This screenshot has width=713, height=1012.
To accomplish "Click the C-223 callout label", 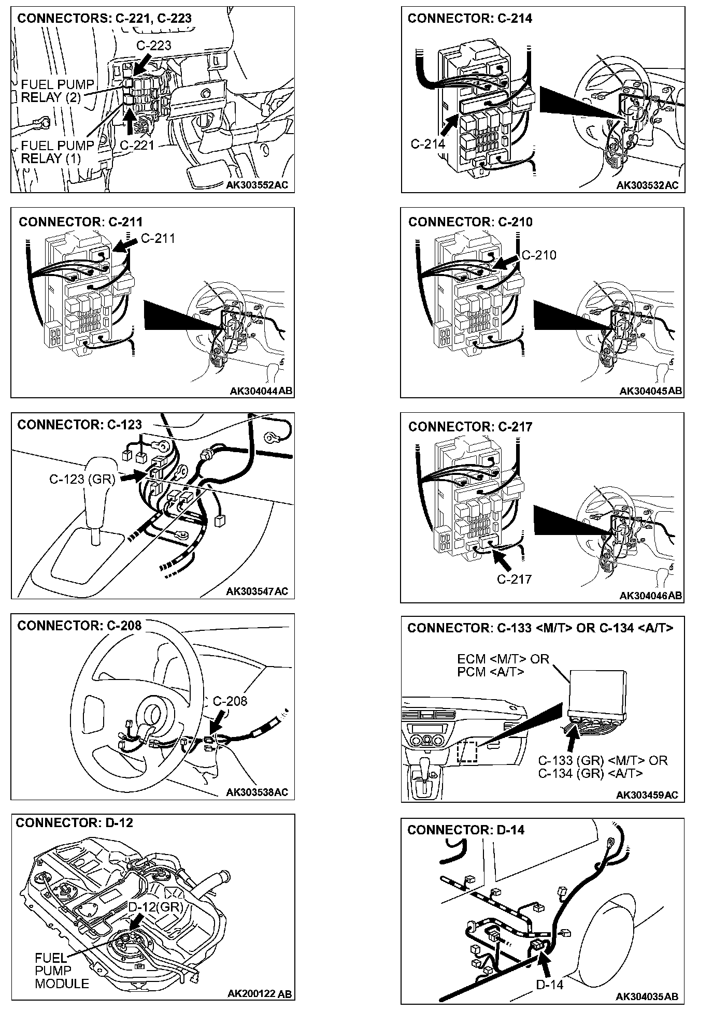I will coord(153,46).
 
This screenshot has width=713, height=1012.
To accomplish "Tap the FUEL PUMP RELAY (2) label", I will coord(57,91).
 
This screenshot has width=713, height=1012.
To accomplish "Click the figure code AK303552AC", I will coord(257,185).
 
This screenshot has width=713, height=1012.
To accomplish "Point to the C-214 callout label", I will coord(427,144).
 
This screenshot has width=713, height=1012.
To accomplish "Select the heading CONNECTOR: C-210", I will coord(470,222).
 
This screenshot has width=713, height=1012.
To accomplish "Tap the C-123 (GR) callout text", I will coord(82,479).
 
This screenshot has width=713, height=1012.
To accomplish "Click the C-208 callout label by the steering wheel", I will coord(230,701).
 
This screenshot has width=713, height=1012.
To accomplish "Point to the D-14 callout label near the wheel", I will coord(549,985).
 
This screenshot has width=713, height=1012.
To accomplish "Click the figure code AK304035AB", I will coord(647,996).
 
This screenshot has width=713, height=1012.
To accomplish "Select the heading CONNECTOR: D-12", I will coord(74,823).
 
